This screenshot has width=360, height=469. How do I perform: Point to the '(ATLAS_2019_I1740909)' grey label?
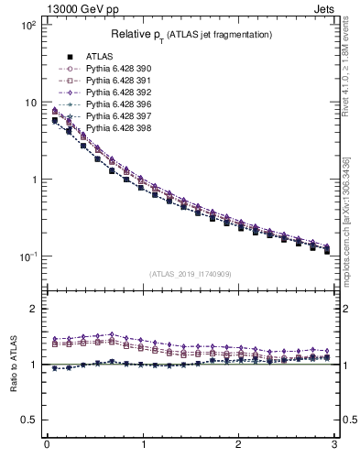(190, 274)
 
